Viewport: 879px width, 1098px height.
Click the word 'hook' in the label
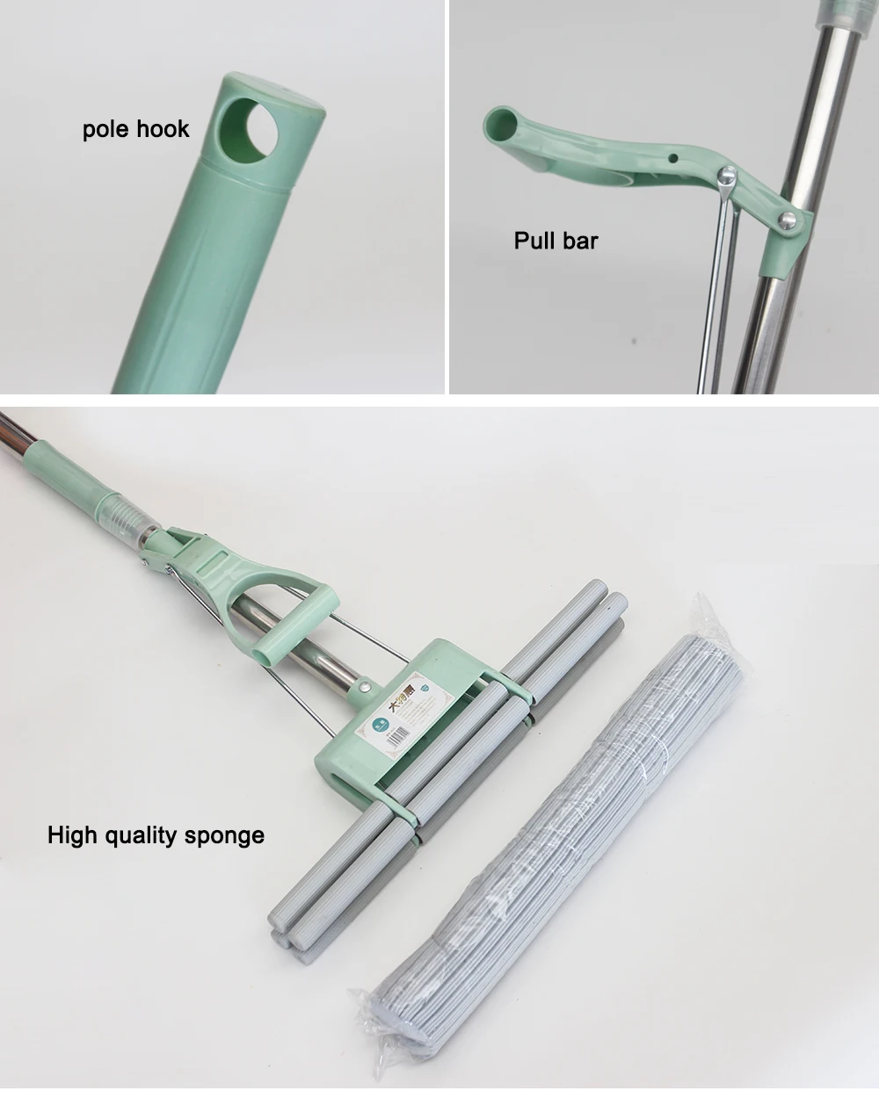[164, 129]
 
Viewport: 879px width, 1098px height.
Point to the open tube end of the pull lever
[499, 122]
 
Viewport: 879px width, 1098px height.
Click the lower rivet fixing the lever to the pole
[788, 220]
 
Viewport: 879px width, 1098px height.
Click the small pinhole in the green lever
[672, 159]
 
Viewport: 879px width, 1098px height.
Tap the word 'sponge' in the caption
[226, 835]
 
